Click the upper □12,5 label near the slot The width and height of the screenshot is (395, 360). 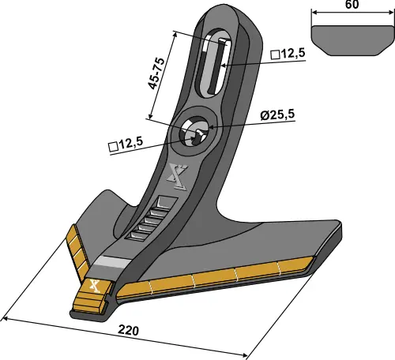[287, 54]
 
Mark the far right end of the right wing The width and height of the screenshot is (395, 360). [343, 234]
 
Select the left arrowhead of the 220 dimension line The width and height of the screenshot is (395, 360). [6, 319]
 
